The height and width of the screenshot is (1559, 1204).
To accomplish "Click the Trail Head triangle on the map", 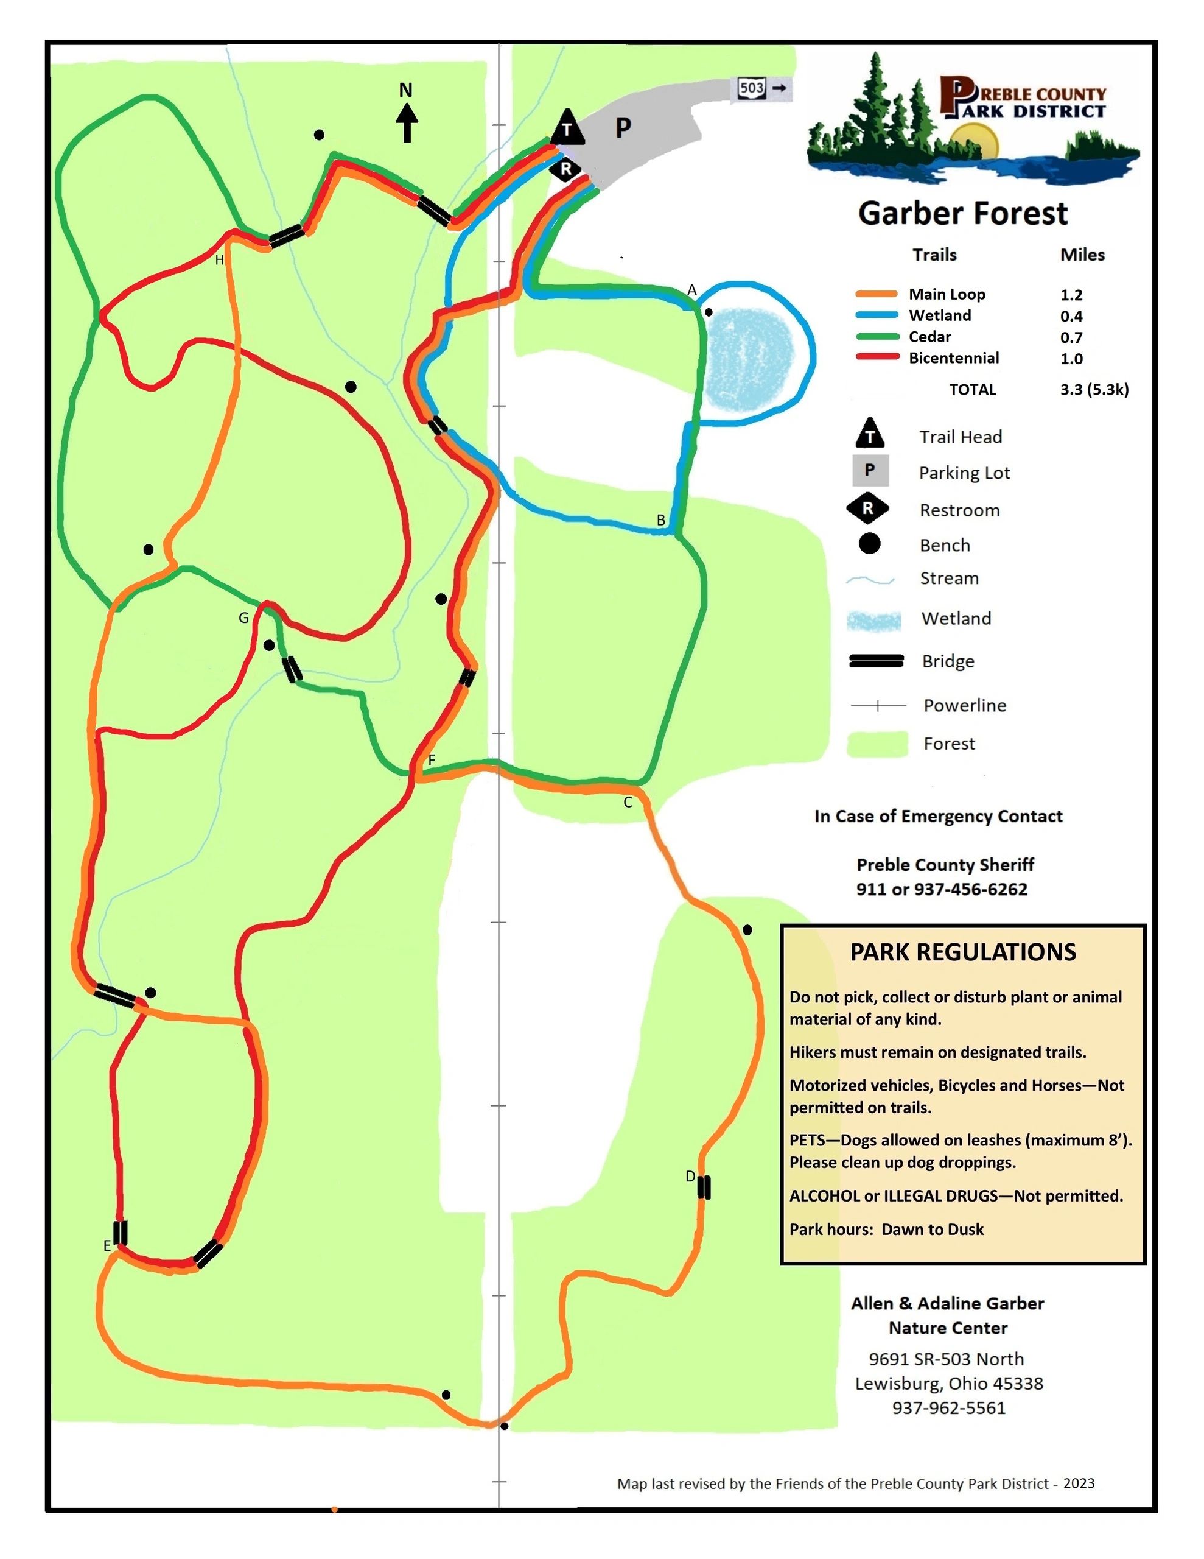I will point(567,128).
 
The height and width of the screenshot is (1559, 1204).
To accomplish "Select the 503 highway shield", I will point(752,88).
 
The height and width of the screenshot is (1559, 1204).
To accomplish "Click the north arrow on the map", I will point(407,121).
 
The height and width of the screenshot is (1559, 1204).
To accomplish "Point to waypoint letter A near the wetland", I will point(691,290).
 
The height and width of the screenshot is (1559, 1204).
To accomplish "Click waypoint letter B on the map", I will point(661,521).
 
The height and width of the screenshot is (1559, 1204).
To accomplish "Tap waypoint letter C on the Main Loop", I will point(628,803).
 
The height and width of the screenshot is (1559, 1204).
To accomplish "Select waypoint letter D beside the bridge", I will point(690,1177).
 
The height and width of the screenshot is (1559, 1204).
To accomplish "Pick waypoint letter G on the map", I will point(244,618).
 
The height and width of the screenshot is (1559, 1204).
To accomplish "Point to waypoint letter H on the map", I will point(220,260).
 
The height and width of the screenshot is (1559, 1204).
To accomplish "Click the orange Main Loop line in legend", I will point(876,294).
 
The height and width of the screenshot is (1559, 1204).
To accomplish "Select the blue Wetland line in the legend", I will point(876,315).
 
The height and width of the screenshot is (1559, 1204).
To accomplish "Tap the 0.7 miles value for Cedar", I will point(1071,337).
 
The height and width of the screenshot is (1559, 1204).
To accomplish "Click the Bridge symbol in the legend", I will point(876,661).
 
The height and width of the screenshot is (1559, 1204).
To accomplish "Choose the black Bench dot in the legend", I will point(869,544).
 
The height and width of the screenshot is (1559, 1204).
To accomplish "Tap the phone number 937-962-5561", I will point(948,1408).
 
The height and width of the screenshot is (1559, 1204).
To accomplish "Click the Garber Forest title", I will point(963,213).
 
